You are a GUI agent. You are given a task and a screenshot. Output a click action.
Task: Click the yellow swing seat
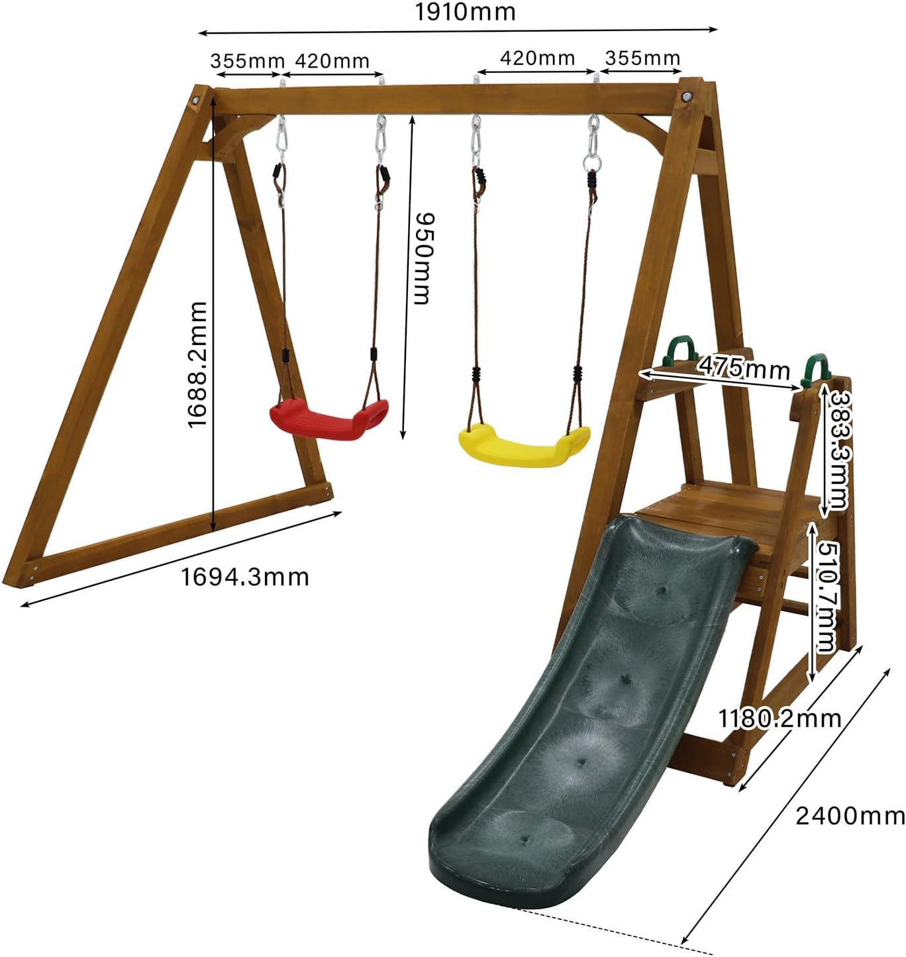click(525, 446)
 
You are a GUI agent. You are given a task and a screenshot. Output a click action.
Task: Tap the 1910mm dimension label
click(465, 12)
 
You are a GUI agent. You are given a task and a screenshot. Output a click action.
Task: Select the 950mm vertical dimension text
click(422, 258)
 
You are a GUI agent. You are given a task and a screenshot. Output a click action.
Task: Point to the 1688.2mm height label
click(197, 365)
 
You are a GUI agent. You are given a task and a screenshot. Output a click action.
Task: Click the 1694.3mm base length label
click(245, 578)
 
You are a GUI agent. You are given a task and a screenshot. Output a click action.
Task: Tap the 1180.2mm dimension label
click(780, 719)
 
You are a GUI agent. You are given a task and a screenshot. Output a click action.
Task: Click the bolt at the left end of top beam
click(196, 101)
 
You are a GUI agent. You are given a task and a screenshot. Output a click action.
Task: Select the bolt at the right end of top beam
click(687, 97)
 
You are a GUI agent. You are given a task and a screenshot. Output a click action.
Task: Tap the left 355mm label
click(247, 62)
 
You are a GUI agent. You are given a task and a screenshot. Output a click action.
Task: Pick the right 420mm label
click(538, 58)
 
